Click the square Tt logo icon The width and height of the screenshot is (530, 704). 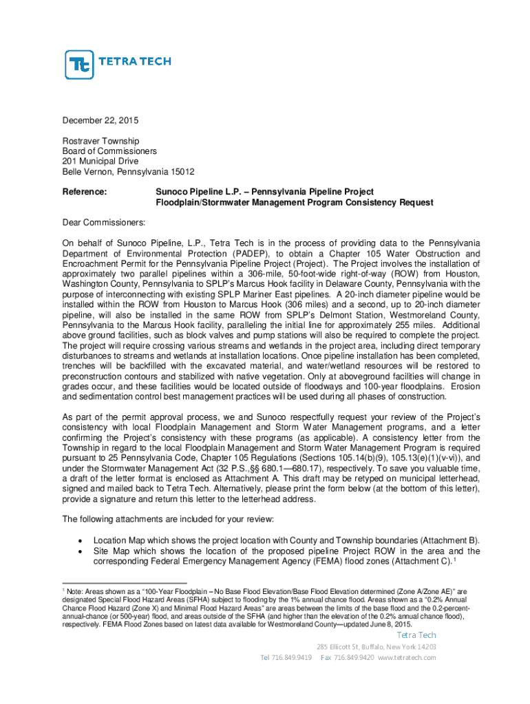79,65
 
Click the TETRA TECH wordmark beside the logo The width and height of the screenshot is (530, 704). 136,61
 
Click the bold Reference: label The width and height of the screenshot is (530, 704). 85,191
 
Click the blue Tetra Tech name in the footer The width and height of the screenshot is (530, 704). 415,635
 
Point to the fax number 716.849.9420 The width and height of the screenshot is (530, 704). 356,658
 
